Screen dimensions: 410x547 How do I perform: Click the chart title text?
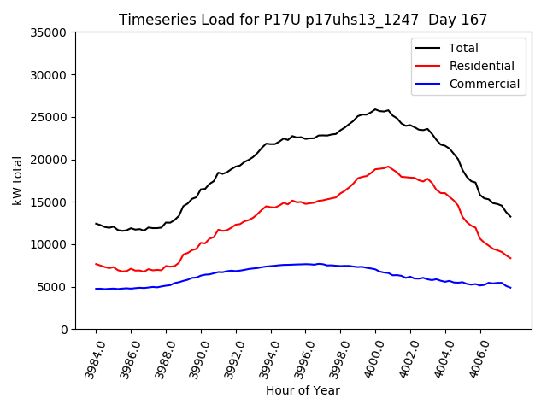tap(303, 20)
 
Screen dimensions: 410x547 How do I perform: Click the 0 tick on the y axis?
tap(64, 330)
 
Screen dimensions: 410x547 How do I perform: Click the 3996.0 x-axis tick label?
tap(300, 360)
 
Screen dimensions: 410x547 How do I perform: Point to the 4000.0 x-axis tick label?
tap(370, 360)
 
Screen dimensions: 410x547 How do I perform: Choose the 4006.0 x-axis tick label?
tap(475, 360)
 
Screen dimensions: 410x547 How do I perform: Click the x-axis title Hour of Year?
tap(303, 391)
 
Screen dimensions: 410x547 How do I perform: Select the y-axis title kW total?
tap(17, 180)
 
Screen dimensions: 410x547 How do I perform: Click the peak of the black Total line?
tap(375, 109)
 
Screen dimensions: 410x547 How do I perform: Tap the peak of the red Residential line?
tap(388, 167)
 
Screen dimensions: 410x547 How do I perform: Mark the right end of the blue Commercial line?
tap(510, 288)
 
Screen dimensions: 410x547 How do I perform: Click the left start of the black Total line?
tap(96, 224)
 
